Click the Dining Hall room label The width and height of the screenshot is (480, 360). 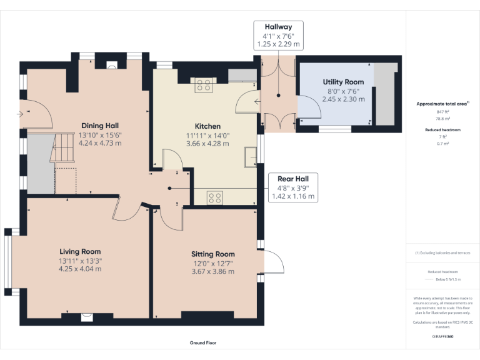[x=100, y=125]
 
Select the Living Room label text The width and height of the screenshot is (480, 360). [x=80, y=252]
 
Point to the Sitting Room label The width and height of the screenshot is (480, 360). [x=212, y=254]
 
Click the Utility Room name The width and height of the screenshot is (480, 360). [x=343, y=82]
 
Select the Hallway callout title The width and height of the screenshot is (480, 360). [x=278, y=27]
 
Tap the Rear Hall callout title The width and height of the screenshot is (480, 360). [x=293, y=178]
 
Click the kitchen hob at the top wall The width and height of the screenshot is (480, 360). [x=203, y=84]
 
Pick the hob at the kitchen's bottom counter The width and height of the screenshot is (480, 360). [x=215, y=197]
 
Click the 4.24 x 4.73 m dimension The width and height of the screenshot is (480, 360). [x=100, y=143]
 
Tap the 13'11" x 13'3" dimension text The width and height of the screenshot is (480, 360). [x=80, y=261]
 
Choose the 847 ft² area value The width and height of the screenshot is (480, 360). [x=442, y=111]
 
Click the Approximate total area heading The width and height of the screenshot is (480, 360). [x=442, y=104]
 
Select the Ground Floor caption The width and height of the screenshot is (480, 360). [x=202, y=342]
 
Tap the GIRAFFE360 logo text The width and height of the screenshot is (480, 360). [x=442, y=336]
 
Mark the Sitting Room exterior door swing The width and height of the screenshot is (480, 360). [x=274, y=262]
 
